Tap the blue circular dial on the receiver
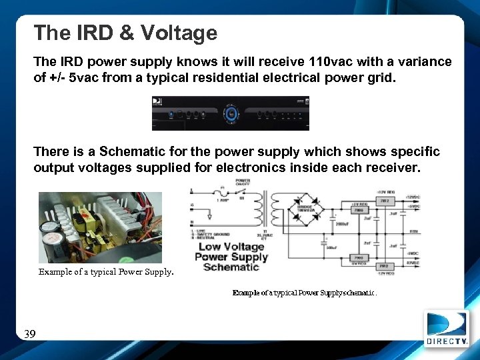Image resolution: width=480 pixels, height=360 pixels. point(231,113)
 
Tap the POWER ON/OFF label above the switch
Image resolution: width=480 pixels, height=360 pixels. point(243,182)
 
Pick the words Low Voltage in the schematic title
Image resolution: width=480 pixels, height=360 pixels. point(231,247)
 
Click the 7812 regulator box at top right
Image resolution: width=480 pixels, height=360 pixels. point(384,200)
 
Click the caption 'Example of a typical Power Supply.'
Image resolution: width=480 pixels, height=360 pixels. point(106,272)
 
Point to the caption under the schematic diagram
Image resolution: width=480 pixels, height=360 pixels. point(304,292)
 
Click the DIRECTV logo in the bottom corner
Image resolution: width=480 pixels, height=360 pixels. point(449,329)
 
